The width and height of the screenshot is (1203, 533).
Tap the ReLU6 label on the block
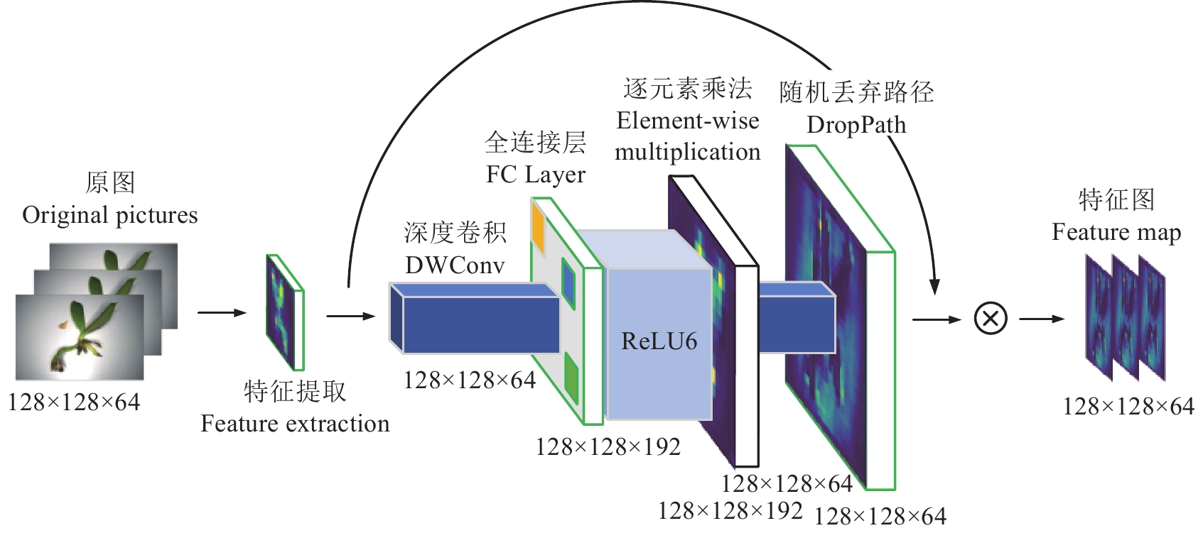point(659,341)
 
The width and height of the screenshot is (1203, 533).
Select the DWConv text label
point(455,265)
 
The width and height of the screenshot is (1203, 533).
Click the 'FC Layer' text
point(536,175)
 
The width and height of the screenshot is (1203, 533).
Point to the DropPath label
point(856,125)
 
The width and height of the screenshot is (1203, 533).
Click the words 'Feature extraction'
point(295,424)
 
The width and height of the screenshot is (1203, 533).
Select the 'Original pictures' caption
point(110,215)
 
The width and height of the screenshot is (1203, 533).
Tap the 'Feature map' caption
point(1116,232)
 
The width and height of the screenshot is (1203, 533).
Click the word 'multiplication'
point(687,152)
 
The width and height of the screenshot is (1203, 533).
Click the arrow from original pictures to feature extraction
point(222,312)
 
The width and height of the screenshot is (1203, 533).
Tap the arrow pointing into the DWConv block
point(350,316)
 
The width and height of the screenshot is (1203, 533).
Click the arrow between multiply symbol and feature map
point(1042,319)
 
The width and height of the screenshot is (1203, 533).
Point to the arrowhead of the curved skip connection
point(935,287)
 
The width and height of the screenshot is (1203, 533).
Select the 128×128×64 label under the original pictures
point(74,402)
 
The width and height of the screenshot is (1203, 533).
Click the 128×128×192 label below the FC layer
point(608,447)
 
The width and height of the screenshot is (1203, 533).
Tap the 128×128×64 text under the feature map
point(1128,407)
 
